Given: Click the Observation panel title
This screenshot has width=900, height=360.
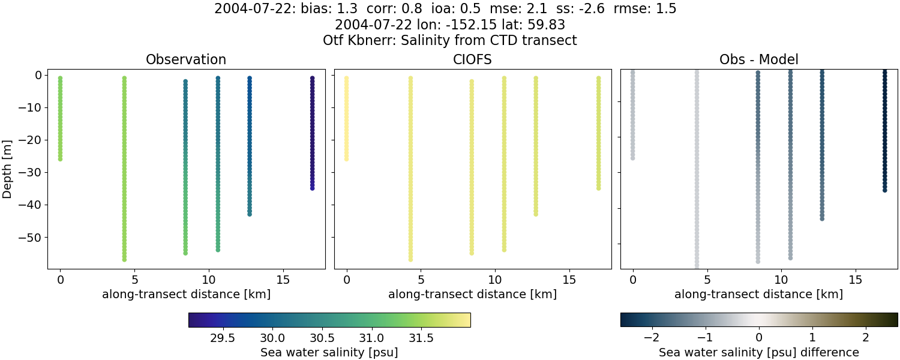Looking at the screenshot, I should pyautogui.click(x=186, y=60).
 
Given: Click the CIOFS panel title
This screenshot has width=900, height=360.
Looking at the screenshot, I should pyautogui.click(x=472, y=60).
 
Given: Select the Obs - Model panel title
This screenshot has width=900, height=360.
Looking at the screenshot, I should pyautogui.click(x=758, y=60).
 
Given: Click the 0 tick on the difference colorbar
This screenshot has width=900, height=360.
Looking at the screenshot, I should pyautogui.click(x=758, y=337).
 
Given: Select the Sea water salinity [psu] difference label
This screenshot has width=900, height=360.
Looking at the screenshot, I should pyautogui.click(x=758, y=352).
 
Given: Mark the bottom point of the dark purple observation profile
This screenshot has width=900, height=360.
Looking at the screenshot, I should pyautogui.click(x=312, y=188).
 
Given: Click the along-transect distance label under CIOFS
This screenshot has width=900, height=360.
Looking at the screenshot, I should pyautogui.click(x=472, y=295).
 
